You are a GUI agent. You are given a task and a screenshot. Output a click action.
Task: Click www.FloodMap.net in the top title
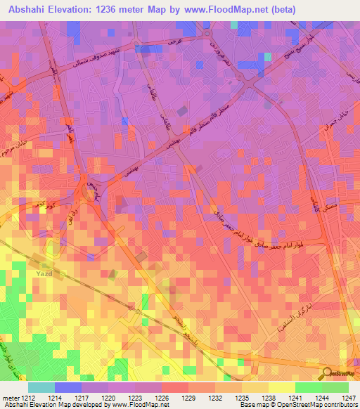point(221,10)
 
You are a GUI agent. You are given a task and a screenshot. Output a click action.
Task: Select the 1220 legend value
point(108,398)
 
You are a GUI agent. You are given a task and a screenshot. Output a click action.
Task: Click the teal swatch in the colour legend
point(41,387)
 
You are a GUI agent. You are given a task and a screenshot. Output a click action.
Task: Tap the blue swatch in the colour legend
point(68,387)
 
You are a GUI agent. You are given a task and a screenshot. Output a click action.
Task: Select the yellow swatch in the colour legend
point(281,387)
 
